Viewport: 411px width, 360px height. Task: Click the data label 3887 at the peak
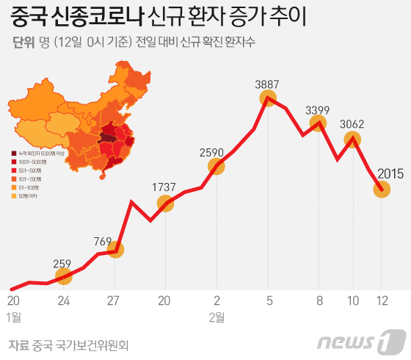coord(268,83)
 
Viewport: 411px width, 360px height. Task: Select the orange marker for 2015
coord(382,190)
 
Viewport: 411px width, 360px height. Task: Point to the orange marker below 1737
coord(166,203)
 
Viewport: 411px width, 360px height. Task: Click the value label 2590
coord(216,152)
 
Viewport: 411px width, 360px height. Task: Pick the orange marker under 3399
coord(319,123)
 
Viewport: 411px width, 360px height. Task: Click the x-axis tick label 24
coord(64,300)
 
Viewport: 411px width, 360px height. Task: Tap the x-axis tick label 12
coord(382,300)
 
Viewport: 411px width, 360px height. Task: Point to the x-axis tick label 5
coord(269,300)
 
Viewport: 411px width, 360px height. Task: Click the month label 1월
coord(13,317)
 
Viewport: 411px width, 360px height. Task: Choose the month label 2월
coord(217,317)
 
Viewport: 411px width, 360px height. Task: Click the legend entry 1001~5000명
coord(34,160)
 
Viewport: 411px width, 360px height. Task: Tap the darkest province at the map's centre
coord(108,137)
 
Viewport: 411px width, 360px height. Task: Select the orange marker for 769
coord(115,250)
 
